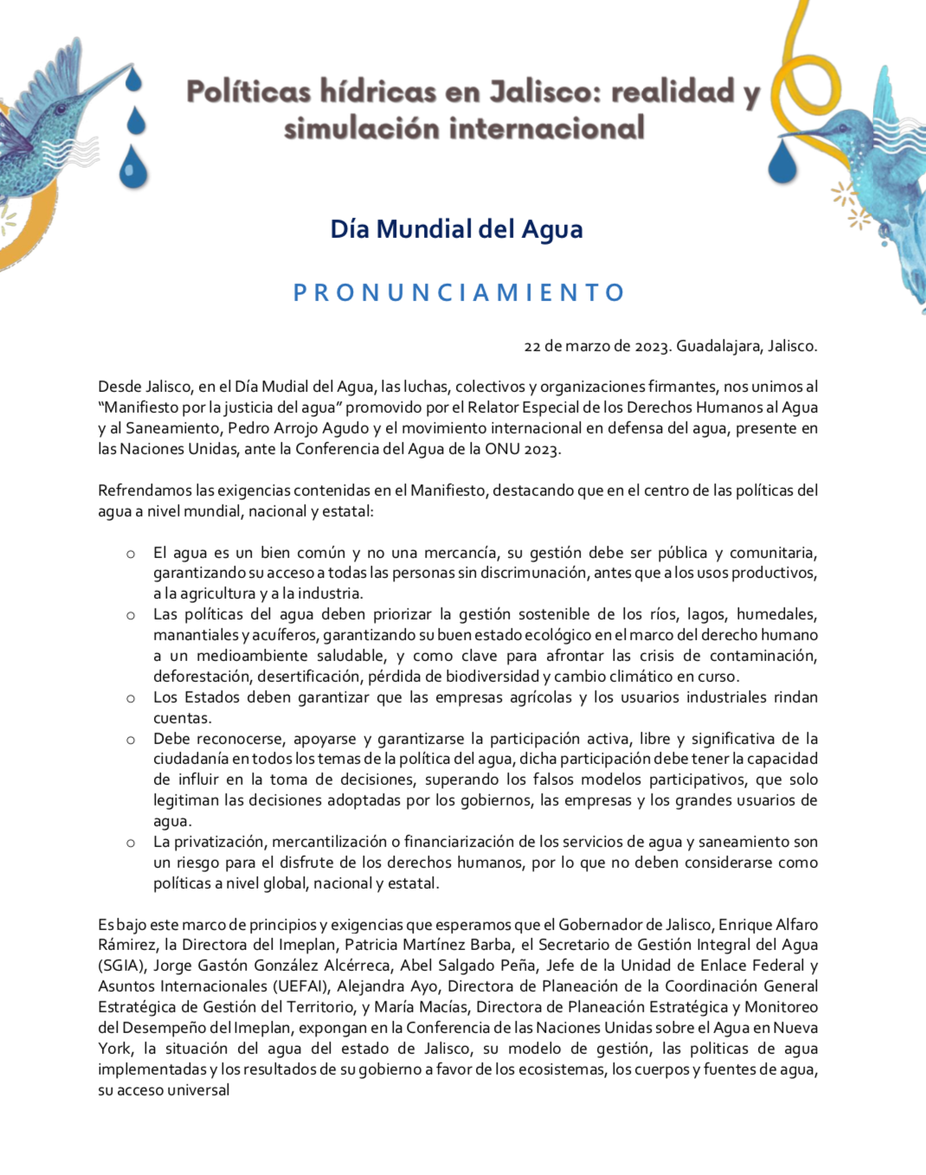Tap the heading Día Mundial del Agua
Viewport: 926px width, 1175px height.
456,229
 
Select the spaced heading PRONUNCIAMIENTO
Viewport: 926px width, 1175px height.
459,292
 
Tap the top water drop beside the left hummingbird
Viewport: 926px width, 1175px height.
133,80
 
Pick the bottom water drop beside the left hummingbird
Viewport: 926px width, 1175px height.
133,167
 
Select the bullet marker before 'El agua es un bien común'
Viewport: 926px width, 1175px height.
131,554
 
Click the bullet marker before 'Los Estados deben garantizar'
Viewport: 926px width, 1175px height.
131,698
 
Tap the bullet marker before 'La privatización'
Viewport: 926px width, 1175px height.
131,843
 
